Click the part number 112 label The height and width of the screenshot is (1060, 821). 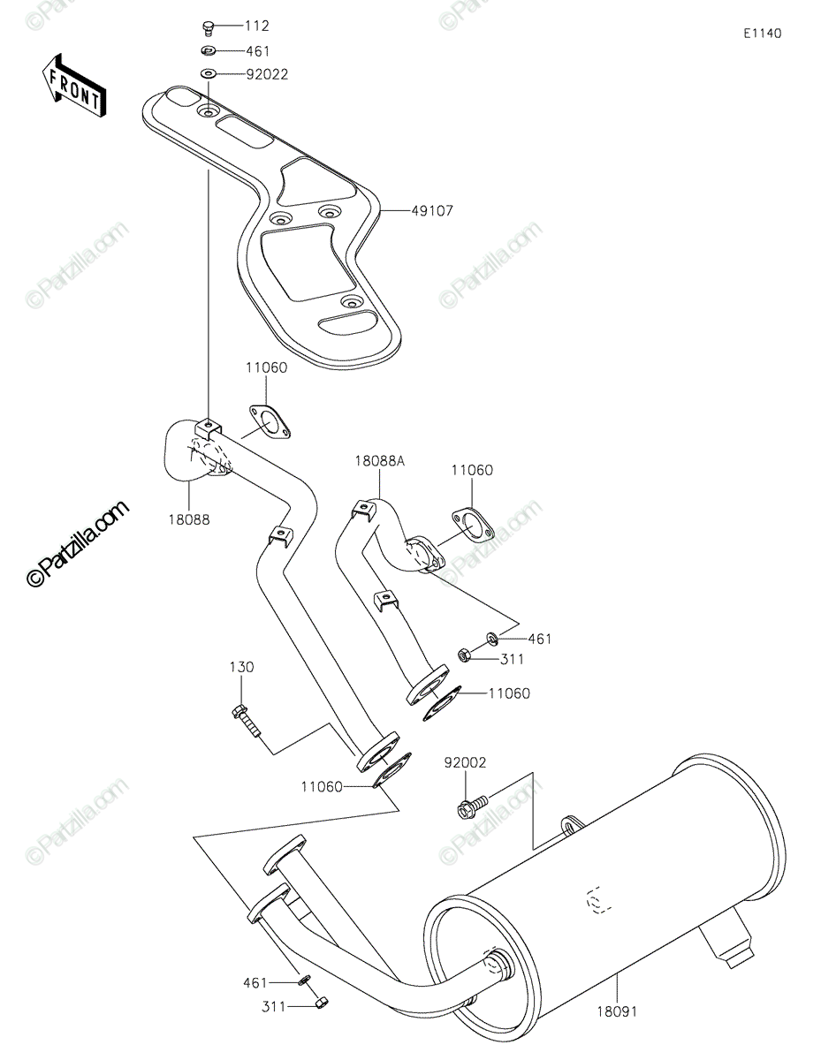[257, 26]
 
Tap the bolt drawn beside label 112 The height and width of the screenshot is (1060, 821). [209, 27]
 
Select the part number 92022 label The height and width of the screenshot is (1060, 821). [267, 74]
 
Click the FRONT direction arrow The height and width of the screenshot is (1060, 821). [73, 86]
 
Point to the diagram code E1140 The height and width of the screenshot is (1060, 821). [763, 34]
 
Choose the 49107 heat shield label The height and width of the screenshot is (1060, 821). [432, 211]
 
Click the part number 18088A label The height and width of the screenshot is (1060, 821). [379, 461]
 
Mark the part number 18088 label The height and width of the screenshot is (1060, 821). [189, 520]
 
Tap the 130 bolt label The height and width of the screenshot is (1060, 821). [242, 667]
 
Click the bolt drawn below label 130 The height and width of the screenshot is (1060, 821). [247, 721]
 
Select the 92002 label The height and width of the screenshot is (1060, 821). [465, 762]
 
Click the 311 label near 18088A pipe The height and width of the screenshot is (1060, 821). [513, 660]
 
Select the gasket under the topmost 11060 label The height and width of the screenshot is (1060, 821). [270, 422]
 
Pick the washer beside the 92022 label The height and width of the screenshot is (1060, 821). [209, 73]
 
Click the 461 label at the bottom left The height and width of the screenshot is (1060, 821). [255, 983]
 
